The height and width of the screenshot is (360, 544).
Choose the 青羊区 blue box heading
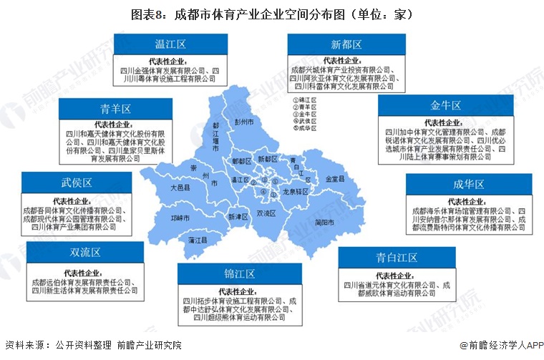(x=115, y=109)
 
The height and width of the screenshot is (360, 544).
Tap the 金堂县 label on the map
(x=335, y=178)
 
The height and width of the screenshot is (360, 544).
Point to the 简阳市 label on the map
(x=324, y=222)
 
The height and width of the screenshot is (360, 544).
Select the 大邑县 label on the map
(x=180, y=187)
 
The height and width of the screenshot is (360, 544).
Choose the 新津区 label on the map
(x=237, y=215)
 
